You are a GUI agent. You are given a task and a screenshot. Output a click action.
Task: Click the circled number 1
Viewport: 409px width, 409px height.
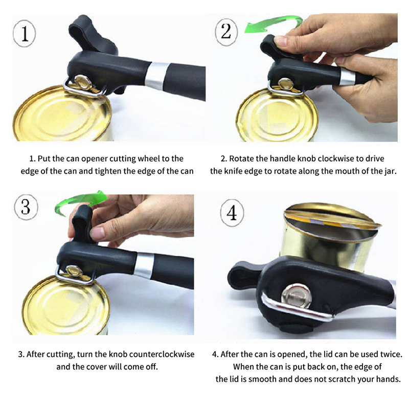click(24, 33)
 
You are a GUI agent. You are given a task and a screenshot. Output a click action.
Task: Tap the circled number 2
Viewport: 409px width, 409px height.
click(226, 32)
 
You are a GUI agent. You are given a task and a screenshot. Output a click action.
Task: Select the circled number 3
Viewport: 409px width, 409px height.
click(26, 208)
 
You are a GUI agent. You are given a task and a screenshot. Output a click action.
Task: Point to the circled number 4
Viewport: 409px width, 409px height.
click(232, 213)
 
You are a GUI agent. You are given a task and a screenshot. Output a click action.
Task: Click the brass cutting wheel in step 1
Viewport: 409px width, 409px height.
click(82, 82)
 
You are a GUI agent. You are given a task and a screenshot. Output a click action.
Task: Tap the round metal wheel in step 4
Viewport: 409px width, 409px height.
click(297, 297)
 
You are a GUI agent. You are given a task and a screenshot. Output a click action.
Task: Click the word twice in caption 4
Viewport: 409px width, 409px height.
click(391, 354)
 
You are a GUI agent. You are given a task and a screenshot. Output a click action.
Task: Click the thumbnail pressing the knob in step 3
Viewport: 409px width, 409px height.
click(97, 232)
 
